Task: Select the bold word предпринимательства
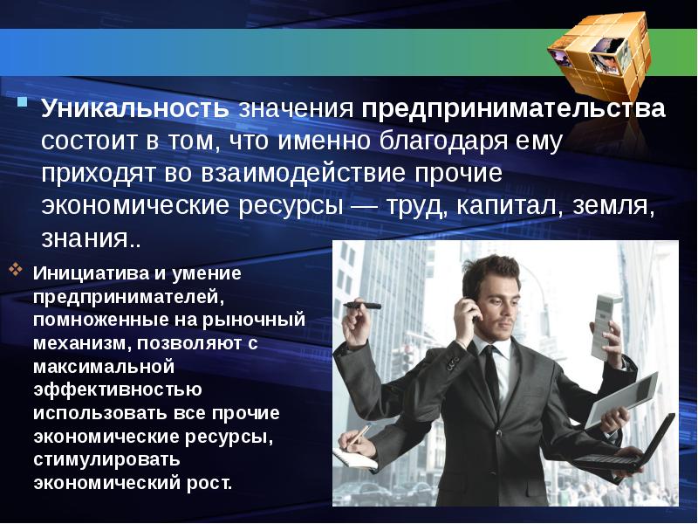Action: [514, 110]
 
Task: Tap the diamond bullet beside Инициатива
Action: [18, 270]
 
